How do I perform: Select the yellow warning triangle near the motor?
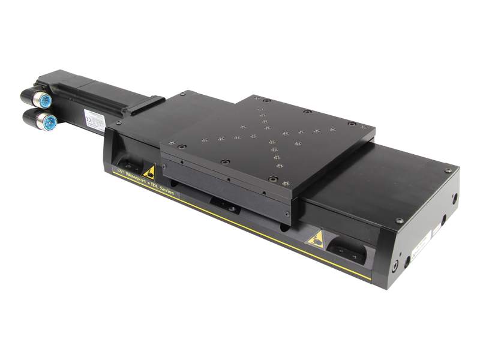148,173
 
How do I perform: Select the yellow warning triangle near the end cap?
316,241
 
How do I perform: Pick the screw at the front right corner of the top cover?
399,220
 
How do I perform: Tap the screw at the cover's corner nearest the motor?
118,122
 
